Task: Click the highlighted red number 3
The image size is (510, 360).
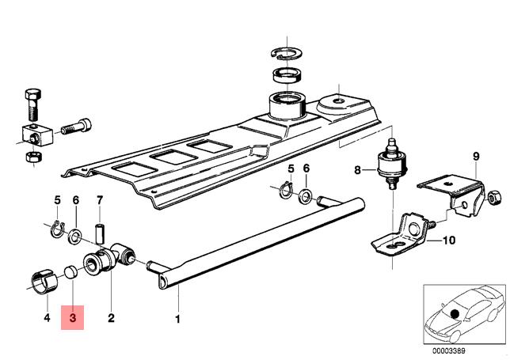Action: click(73, 317)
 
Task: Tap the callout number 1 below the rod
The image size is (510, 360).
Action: click(177, 320)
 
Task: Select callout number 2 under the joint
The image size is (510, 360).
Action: click(111, 318)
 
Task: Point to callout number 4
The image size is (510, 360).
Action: click(48, 317)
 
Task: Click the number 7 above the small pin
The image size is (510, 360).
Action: click(100, 200)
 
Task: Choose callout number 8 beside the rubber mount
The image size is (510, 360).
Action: click(357, 169)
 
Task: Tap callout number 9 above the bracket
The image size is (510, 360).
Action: click(476, 157)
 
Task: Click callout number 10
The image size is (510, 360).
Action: click(449, 241)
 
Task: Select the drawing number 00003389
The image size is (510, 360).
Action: click(449, 351)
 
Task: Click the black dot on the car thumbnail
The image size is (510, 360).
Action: click(455, 314)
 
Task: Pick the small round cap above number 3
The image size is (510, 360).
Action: click(70, 272)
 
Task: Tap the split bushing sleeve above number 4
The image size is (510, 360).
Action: click(44, 279)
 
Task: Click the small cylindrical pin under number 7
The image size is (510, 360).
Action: click(100, 233)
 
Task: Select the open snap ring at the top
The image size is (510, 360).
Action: click(287, 53)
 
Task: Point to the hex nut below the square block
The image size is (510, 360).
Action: click(33, 157)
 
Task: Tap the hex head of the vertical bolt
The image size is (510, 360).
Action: click(33, 94)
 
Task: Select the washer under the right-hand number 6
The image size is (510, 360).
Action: click(306, 197)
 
